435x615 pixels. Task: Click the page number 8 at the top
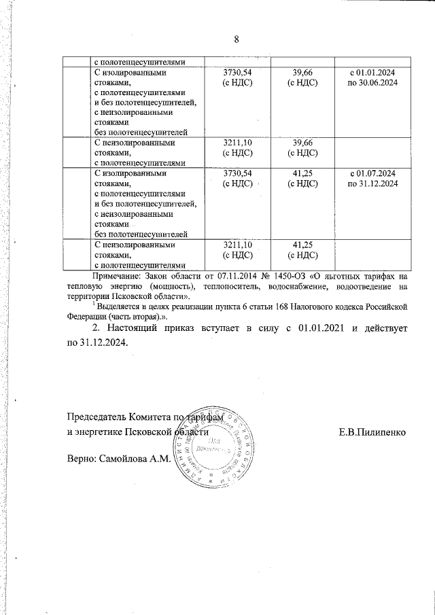(x=236, y=39)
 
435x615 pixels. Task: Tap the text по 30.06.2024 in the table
(x=372, y=82)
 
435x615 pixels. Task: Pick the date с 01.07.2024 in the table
(x=372, y=174)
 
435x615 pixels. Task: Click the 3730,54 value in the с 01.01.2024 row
(x=238, y=72)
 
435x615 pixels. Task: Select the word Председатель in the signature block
(x=97, y=417)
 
